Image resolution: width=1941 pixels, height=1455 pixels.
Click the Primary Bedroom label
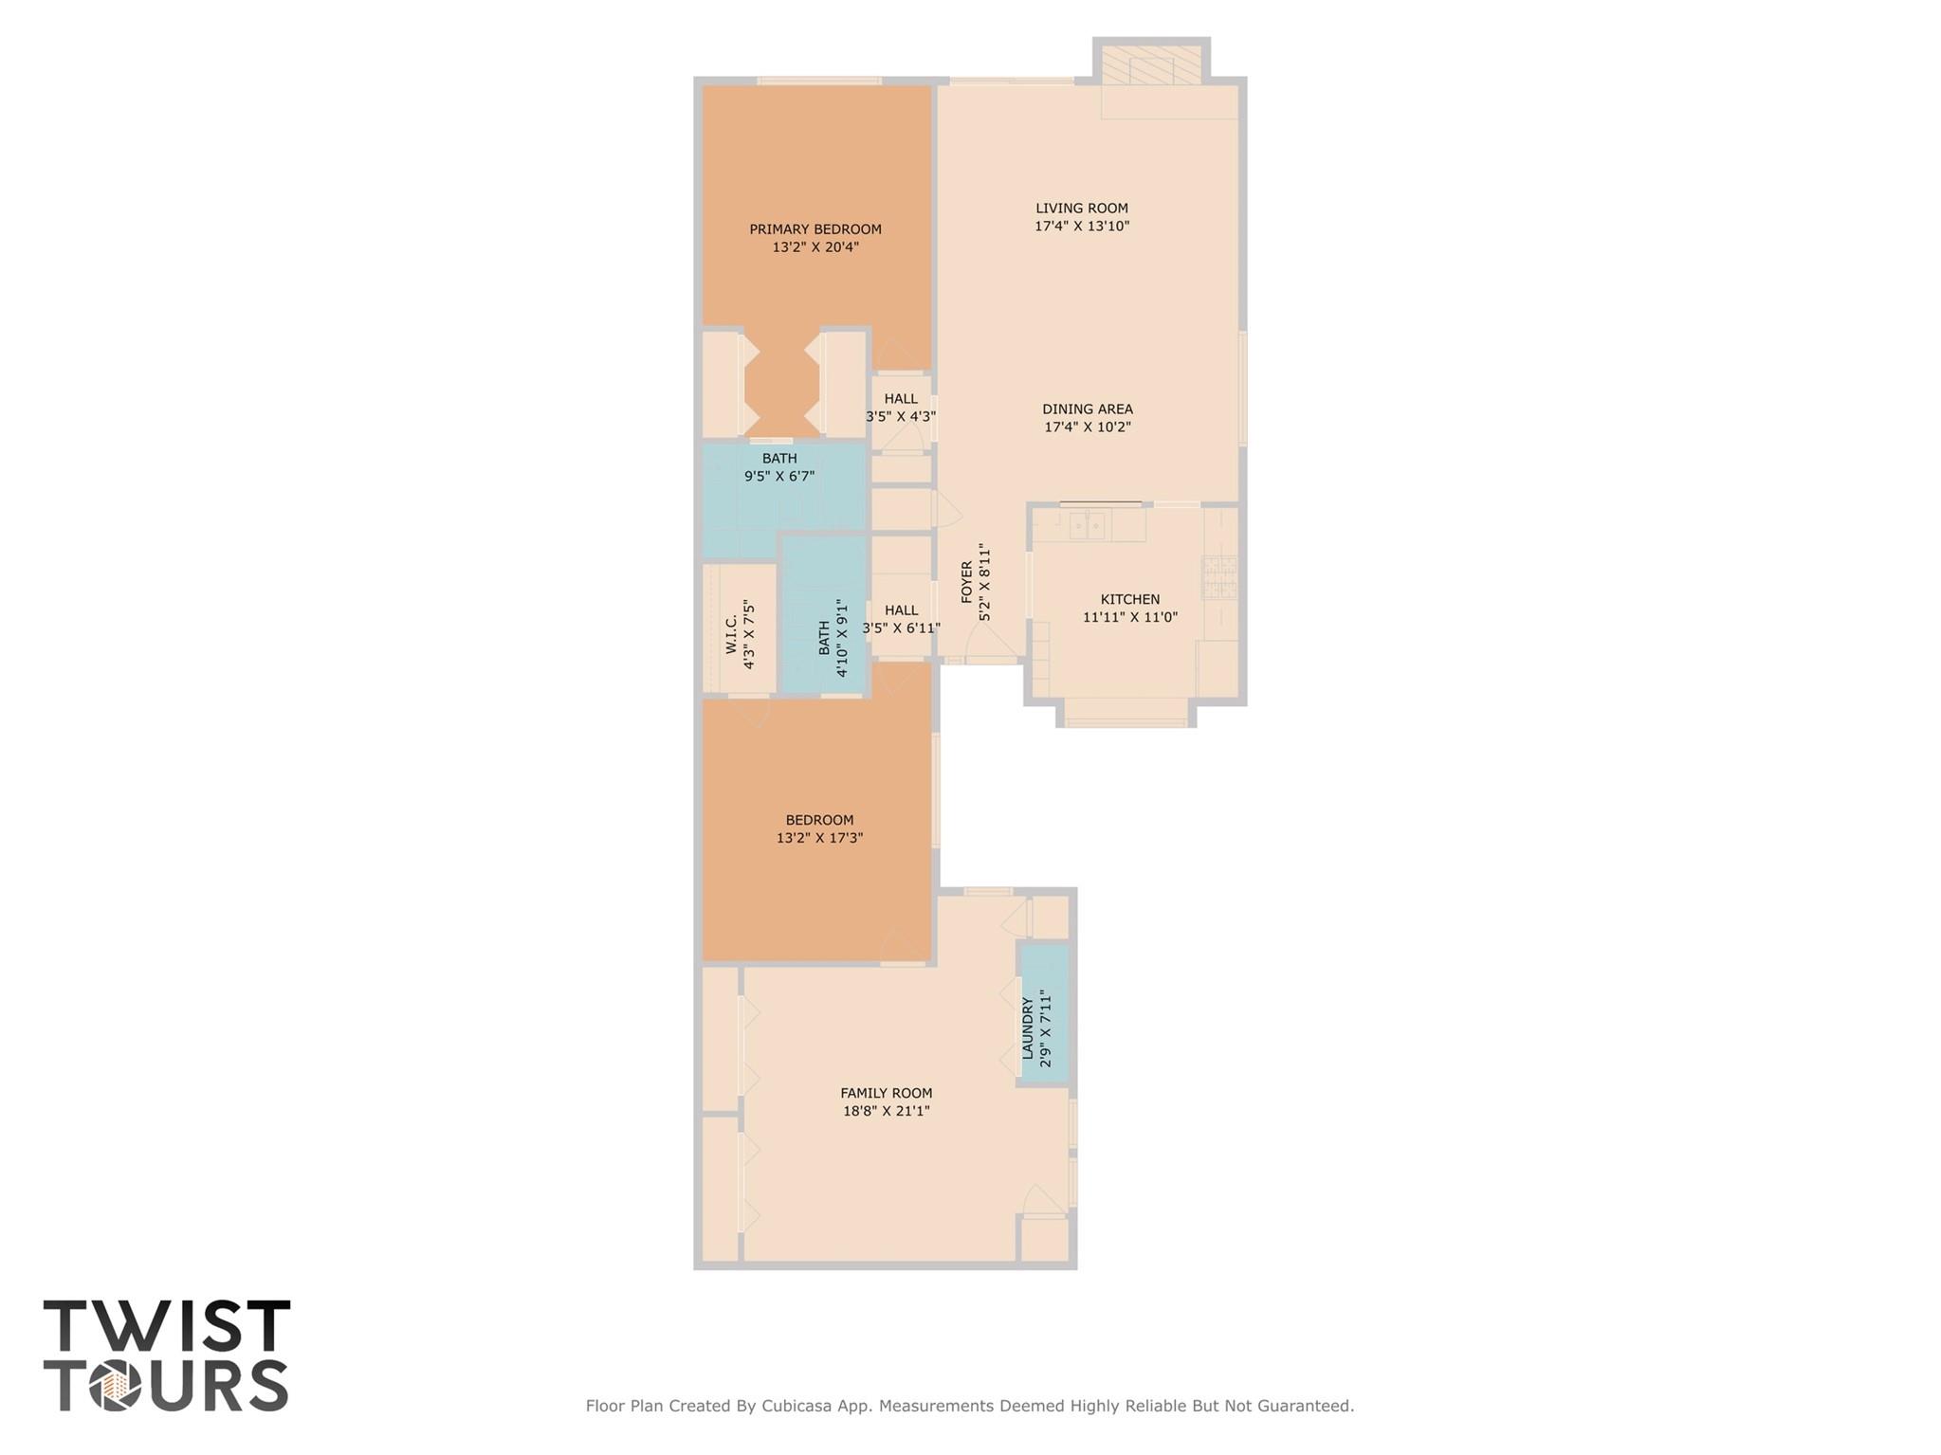[x=815, y=229]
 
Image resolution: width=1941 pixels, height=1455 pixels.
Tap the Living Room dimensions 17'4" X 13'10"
[x=1081, y=227]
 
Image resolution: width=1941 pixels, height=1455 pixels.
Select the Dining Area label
[x=1087, y=409]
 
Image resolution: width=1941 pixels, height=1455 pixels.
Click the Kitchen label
[x=1129, y=599]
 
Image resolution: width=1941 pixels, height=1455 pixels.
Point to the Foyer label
[x=967, y=582]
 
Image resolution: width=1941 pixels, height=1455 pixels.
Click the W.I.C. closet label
[x=731, y=634]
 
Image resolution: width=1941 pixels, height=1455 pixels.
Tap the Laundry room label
[x=1027, y=1028]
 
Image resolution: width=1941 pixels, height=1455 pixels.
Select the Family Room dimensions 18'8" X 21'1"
[x=886, y=1111]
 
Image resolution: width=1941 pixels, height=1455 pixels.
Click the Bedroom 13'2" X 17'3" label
[x=819, y=820]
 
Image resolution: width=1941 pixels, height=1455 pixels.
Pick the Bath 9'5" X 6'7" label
[x=778, y=459]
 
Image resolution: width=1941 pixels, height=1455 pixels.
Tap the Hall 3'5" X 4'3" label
[x=900, y=399]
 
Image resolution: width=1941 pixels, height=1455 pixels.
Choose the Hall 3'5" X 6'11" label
[x=900, y=610]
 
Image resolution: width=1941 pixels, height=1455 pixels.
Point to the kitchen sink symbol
[x=1089, y=524]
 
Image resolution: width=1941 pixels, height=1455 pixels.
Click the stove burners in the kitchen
[x=1219, y=577]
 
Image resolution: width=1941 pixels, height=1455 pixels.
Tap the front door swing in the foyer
[x=991, y=644]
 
